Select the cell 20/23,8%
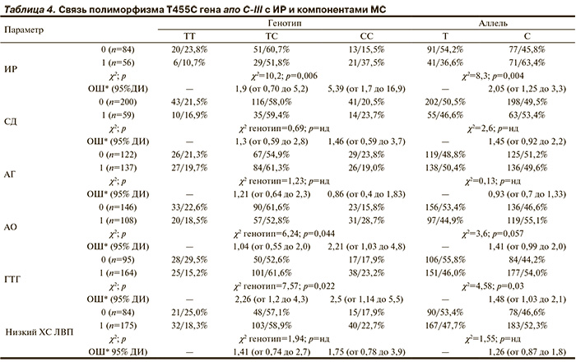coord(189,50)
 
